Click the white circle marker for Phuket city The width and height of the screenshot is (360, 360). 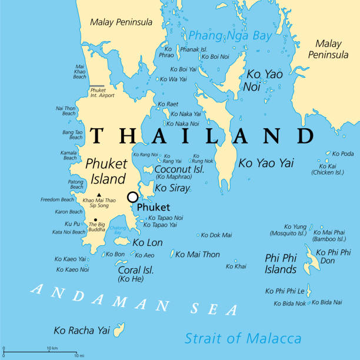pyautogui.click(x=133, y=197)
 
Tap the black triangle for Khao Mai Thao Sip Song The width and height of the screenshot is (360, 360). pyautogui.click(x=99, y=195)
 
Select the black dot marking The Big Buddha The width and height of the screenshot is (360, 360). pyautogui.click(x=95, y=219)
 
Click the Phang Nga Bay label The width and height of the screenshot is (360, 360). pyautogui.click(x=230, y=35)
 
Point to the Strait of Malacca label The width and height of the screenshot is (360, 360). pyautogui.click(x=243, y=338)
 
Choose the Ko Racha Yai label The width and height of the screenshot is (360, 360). pyautogui.click(x=81, y=330)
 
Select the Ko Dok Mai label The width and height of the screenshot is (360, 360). pyautogui.click(x=216, y=235)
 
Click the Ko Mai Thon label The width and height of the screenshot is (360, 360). pyautogui.click(x=198, y=255)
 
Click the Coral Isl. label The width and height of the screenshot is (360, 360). pyautogui.click(x=136, y=270)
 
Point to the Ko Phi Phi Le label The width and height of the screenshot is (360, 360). pyautogui.click(x=285, y=291)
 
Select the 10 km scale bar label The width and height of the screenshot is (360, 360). pyautogui.click(x=52, y=349)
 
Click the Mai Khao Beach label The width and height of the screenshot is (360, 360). pyautogui.click(x=80, y=72)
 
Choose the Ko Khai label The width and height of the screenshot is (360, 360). pyautogui.click(x=236, y=266)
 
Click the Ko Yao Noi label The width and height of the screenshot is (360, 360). pyautogui.click(x=264, y=80)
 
